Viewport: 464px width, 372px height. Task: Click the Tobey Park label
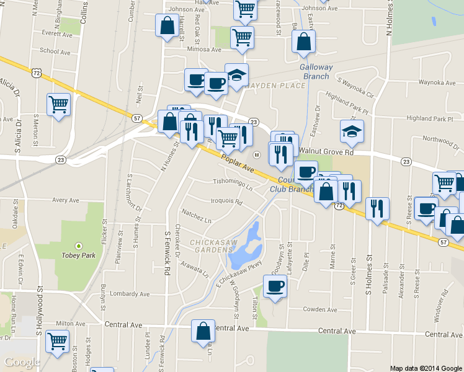[x=78, y=254]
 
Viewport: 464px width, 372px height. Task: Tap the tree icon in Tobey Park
[x=78, y=244]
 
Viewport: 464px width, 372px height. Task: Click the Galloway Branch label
[x=316, y=72]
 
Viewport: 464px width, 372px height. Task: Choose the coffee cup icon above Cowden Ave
[x=275, y=286]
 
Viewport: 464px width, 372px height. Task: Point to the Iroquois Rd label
[x=226, y=202]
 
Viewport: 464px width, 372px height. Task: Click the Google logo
[x=22, y=362]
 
